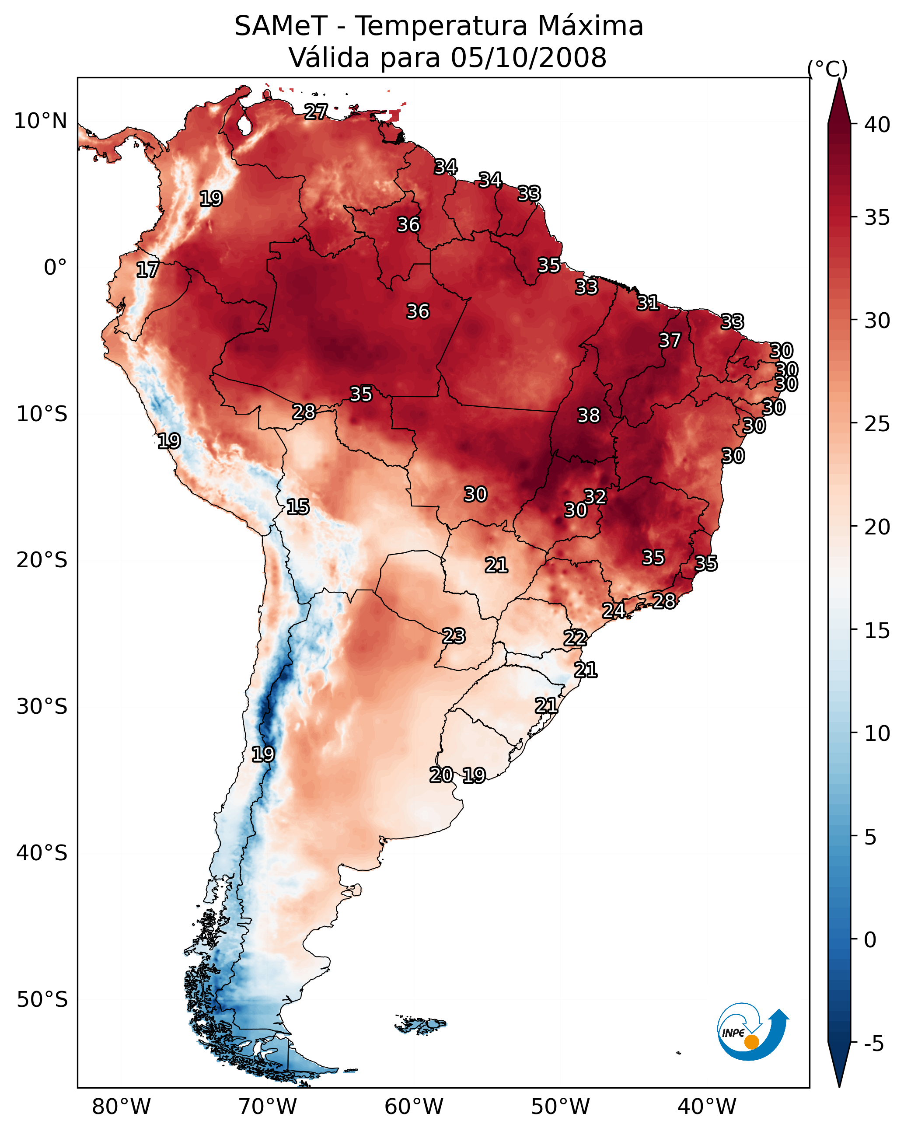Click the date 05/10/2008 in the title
tap(528, 58)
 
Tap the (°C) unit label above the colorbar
tap(827, 69)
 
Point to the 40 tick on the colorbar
tap(877, 125)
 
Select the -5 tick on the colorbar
tap(873, 1044)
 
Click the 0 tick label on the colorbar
tap(870, 940)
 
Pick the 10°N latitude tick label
tap(40, 121)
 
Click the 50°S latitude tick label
tap(42, 1000)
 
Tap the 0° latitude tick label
tap(55, 268)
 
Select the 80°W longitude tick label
tap(121, 1107)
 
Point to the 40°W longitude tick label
tap(707, 1107)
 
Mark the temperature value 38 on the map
tap(588, 415)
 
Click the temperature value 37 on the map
tap(670, 340)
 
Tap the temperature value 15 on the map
tap(297, 507)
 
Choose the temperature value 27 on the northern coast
tap(316, 112)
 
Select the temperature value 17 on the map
tap(147, 270)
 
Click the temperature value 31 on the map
tap(647, 303)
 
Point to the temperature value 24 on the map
tap(613, 611)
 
